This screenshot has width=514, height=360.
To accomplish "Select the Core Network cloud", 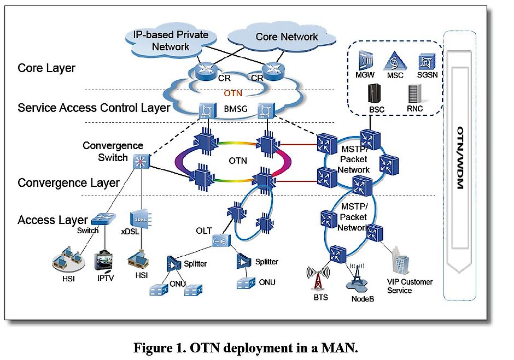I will pyautogui.click(x=286, y=37).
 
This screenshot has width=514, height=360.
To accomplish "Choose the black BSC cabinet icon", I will pyautogui.click(x=376, y=93).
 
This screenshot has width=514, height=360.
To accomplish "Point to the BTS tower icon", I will pyautogui.click(x=317, y=278).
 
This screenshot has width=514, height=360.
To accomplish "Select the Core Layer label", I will pyautogui.click(x=46, y=68).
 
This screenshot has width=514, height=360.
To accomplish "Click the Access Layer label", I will pyautogui.click(x=52, y=220).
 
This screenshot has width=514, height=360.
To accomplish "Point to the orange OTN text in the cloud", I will pyautogui.click(x=233, y=93).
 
